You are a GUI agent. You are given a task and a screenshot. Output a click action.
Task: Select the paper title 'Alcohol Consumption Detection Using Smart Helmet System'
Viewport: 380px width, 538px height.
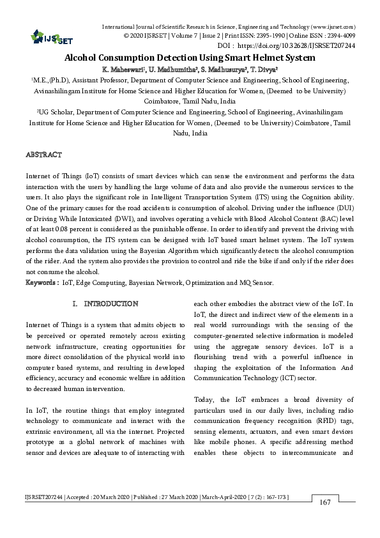point(190,58)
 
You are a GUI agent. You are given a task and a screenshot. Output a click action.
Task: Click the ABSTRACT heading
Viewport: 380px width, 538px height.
point(43,155)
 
